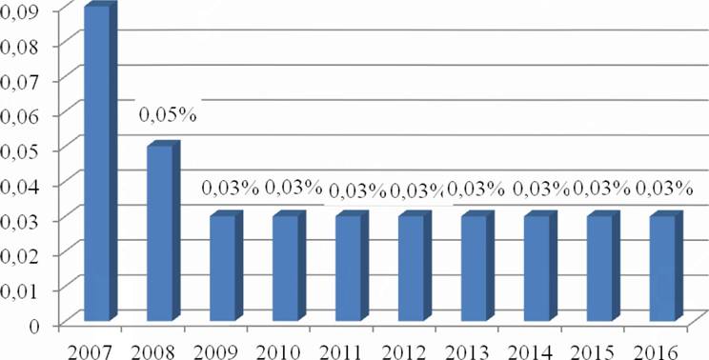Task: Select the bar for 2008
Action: click(x=163, y=230)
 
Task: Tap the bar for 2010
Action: click(x=289, y=266)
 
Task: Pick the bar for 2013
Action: click(x=477, y=266)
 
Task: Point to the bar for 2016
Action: click(x=666, y=266)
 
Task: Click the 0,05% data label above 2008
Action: click(x=168, y=115)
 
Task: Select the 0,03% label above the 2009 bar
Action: click(x=230, y=188)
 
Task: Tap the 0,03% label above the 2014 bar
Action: click(x=540, y=188)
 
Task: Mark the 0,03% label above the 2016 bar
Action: click(x=664, y=188)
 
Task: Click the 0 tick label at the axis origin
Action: click(x=35, y=325)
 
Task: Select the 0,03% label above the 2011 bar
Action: click(x=357, y=190)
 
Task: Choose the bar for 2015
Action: click(x=603, y=266)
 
